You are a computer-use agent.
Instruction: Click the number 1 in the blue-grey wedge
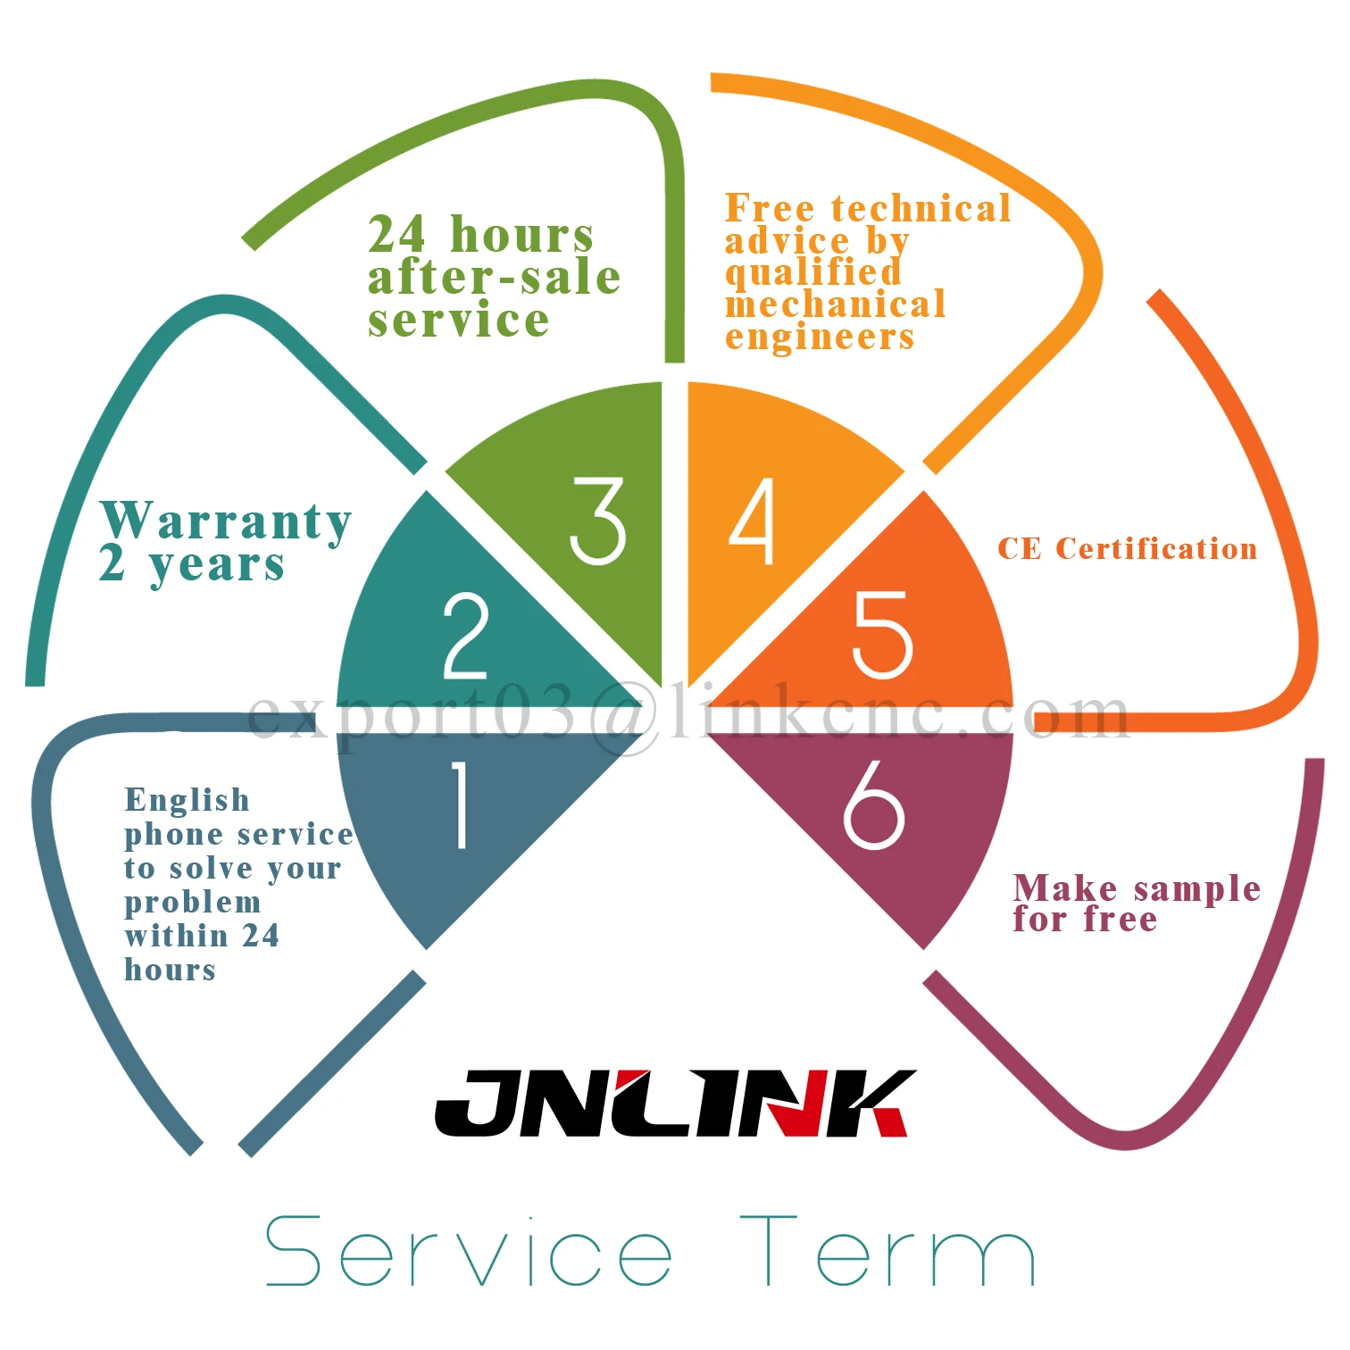click(461, 804)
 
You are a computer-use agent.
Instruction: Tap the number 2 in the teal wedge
click(466, 636)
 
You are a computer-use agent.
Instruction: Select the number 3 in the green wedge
click(597, 521)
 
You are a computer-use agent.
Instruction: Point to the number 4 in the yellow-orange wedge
click(753, 521)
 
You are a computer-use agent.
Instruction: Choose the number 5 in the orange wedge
click(882, 634)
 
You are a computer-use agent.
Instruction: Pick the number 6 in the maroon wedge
click(873, 804)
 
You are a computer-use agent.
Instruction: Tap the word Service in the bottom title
click(470, 1251)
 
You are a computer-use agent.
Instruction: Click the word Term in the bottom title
click(887, 1251)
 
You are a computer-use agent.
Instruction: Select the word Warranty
click(227, 521)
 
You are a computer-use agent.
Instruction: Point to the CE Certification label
click(1127, 548)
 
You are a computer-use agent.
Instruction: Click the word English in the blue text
click(187, 800)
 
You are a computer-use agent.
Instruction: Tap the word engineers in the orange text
click(820, 337)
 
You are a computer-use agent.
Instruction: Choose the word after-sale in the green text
click(494, 277)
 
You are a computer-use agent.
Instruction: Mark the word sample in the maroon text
click(1197, 889)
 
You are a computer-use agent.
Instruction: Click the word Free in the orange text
click(770, 208)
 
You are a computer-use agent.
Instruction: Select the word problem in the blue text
click(193, 904)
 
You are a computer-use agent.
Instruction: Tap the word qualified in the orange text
click(812, 273)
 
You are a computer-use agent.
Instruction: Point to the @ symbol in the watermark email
click(628, 716)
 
